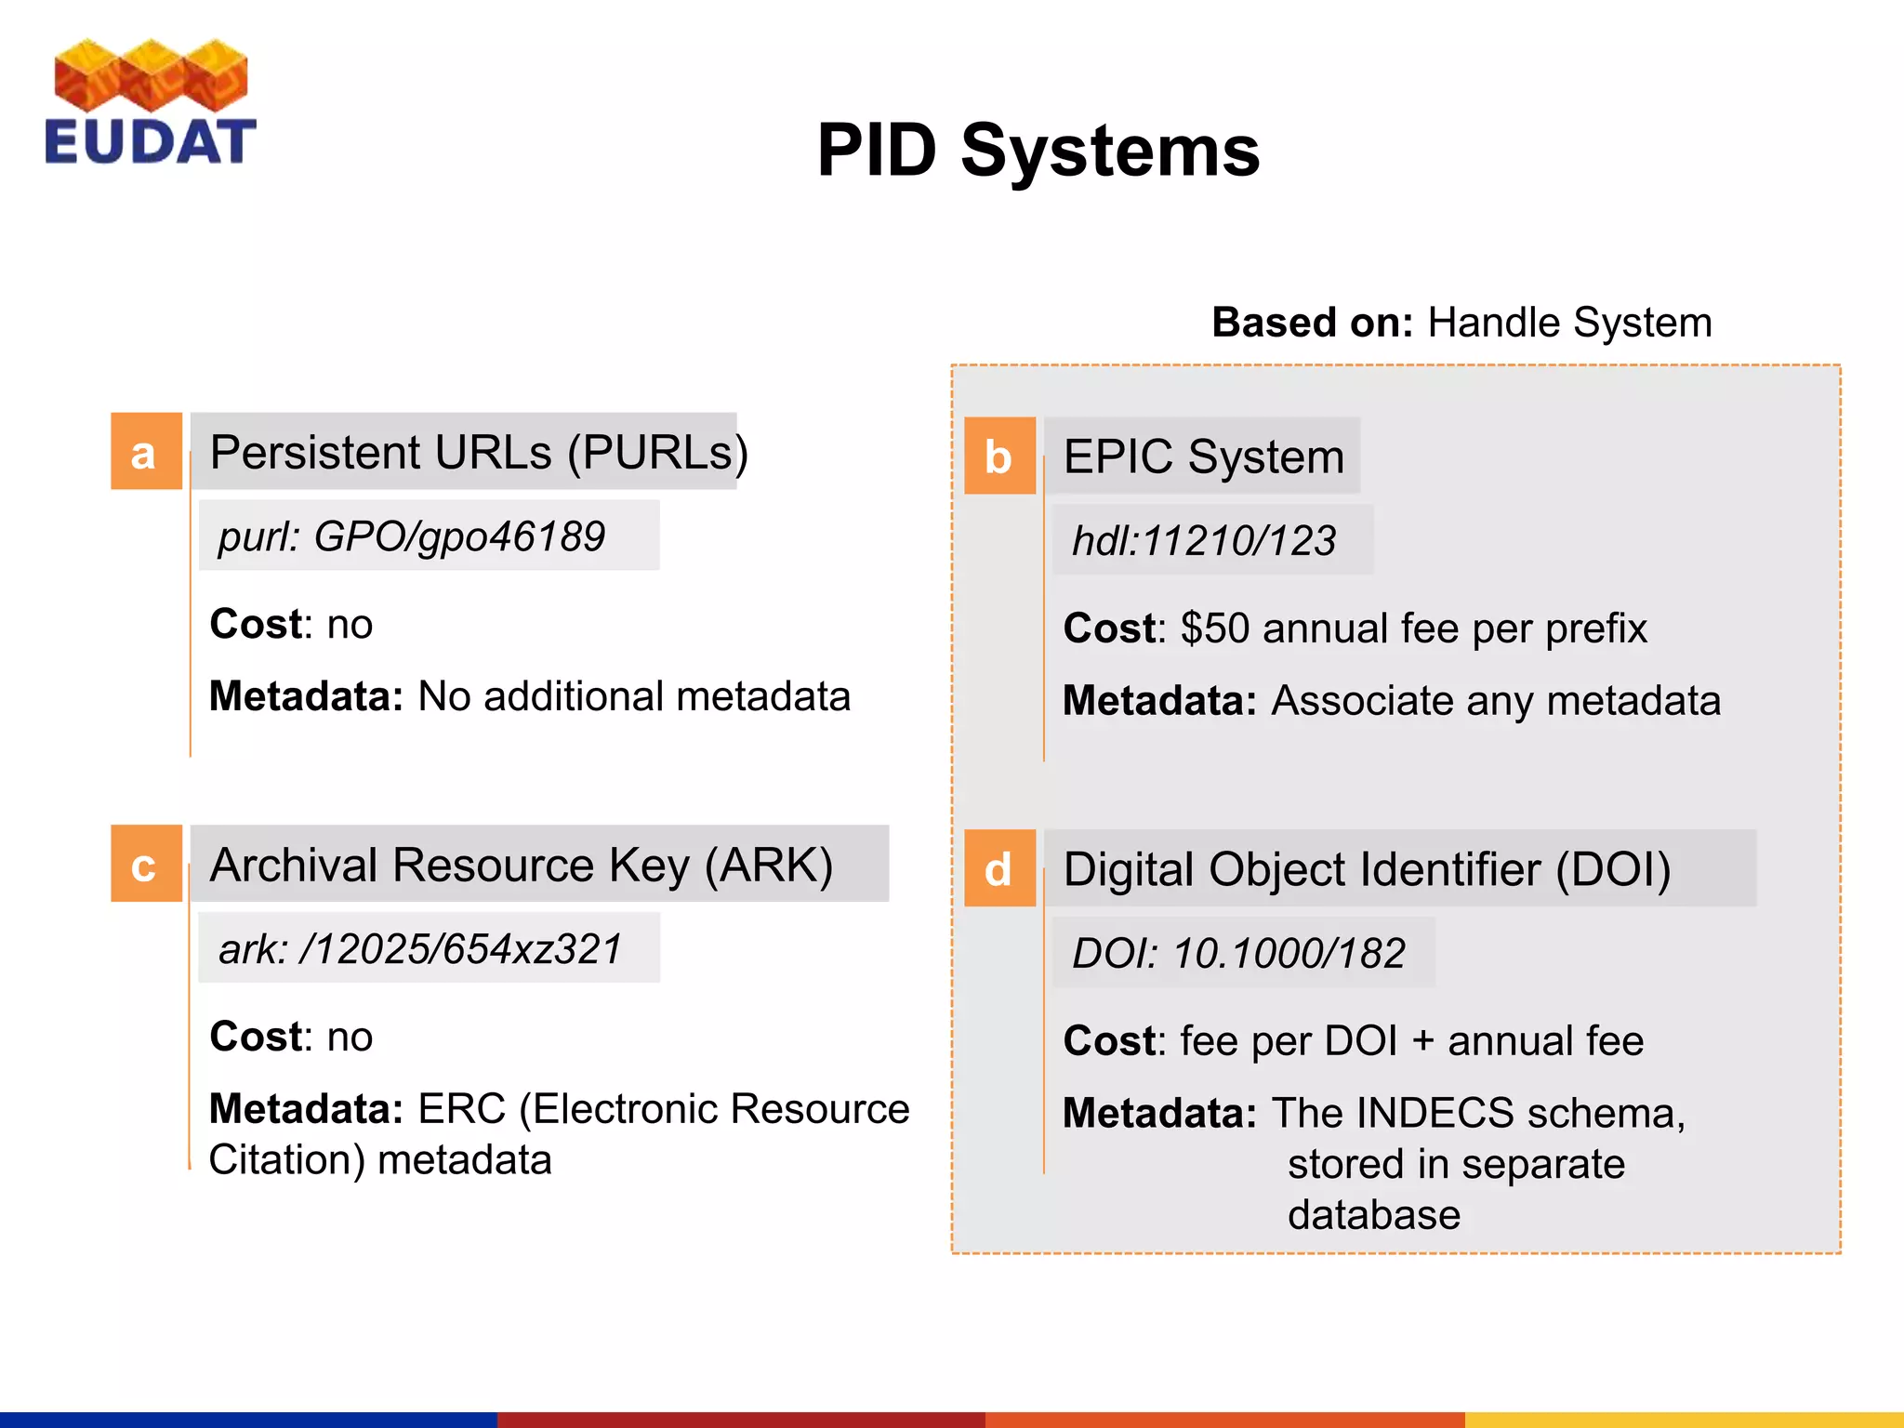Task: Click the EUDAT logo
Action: coord(151,102)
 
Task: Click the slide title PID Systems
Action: coord(1038,151)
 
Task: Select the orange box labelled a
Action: coord(146,452)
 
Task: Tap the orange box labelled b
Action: coord(999,456)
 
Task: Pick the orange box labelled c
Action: coord(146,865)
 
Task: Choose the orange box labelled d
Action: coord(999,869)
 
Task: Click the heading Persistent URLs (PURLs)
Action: coord(478,453)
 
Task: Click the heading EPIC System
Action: coord(1203,456)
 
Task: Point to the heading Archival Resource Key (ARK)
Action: coord(521,865)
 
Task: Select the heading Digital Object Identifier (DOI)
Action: coord(1367,870)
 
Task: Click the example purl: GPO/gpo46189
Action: coord(411,536)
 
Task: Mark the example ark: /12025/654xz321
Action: coord(420,949)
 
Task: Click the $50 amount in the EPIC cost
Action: coord(1214,628)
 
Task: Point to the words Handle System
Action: coord(1569,323)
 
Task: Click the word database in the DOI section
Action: coord(1373,1215)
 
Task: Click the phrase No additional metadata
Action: coord(634,696)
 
